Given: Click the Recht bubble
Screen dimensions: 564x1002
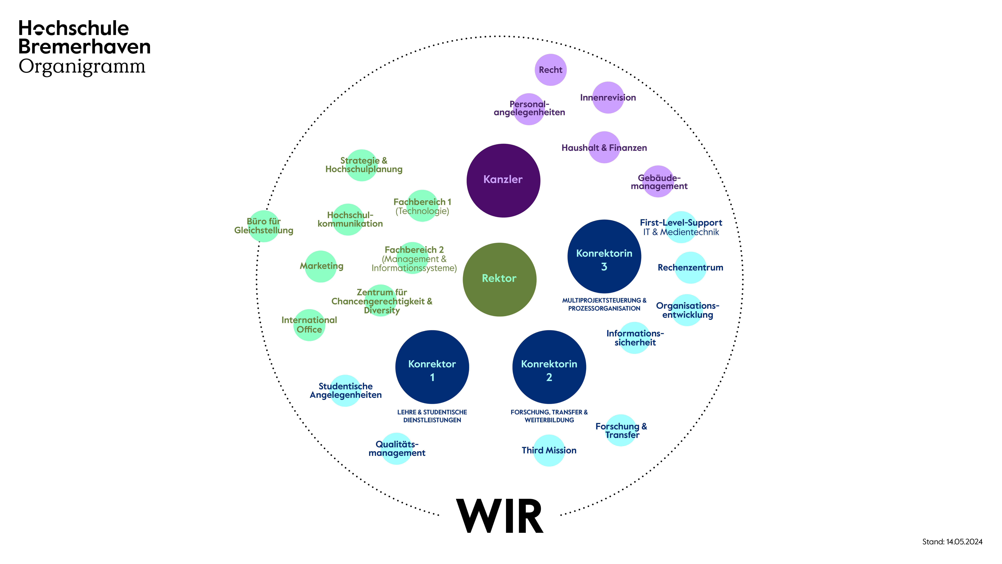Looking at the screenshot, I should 550,70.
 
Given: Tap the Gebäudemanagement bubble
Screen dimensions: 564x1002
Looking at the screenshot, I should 659,182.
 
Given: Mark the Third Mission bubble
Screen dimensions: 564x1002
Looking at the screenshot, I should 549,450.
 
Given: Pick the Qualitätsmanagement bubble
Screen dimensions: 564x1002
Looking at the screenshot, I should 397,448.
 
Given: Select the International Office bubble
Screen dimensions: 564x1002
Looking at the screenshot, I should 309,325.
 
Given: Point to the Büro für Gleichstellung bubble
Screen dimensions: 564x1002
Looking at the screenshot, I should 264,226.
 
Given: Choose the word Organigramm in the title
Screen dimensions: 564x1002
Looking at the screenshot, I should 82,67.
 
